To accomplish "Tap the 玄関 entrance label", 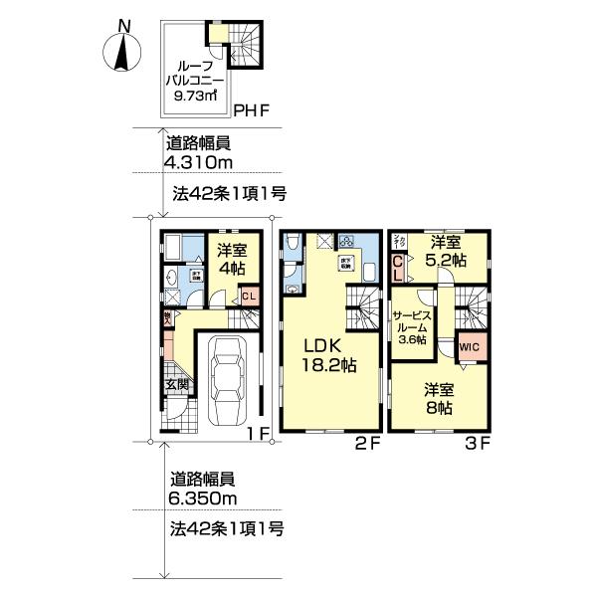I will [x=177, y=384].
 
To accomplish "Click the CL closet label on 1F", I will [x=249, y=296].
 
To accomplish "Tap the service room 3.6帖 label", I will [x=410, y=324].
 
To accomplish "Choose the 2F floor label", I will [x=369, y=444].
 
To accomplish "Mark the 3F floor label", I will [x=478, y=444].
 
